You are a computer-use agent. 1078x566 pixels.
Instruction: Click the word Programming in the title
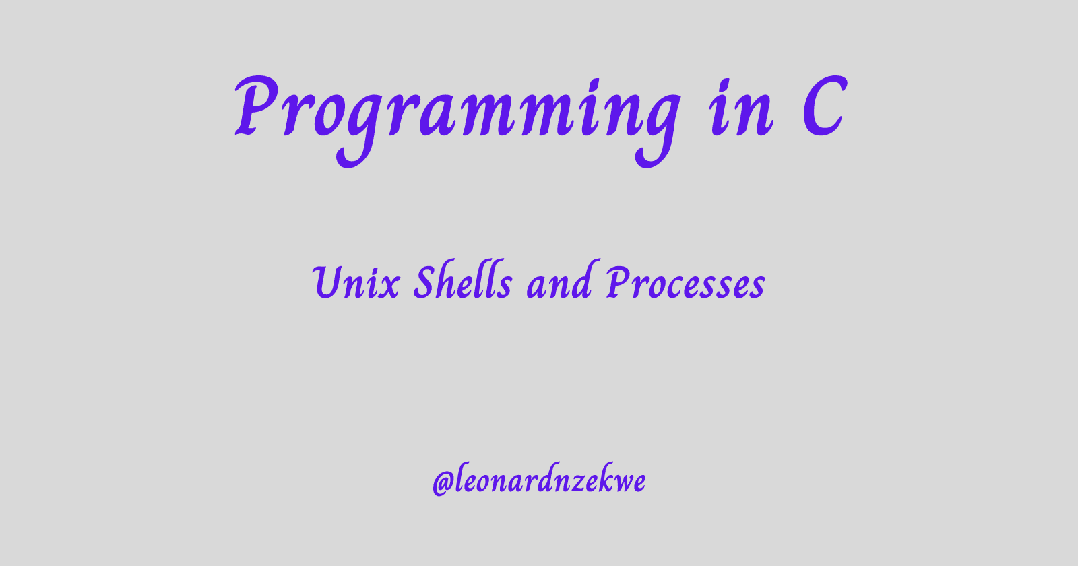pyautogui.click(x=457, y=121)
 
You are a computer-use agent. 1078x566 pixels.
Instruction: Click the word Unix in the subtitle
pyautogui.click(x=356, y=282)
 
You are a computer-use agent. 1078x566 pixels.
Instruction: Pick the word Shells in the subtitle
pyautogui.click(x=463, y=280)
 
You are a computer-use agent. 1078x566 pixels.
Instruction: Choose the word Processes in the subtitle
pyautogui.click(x=685, y=282)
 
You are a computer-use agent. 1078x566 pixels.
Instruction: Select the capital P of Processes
pyautogui.click(x=618, y=282)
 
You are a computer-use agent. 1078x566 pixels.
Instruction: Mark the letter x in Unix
pyautogui.click(x=389, y=287)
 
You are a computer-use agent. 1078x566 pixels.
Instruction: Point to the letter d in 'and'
pyautogui.click(x=580, y=280)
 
